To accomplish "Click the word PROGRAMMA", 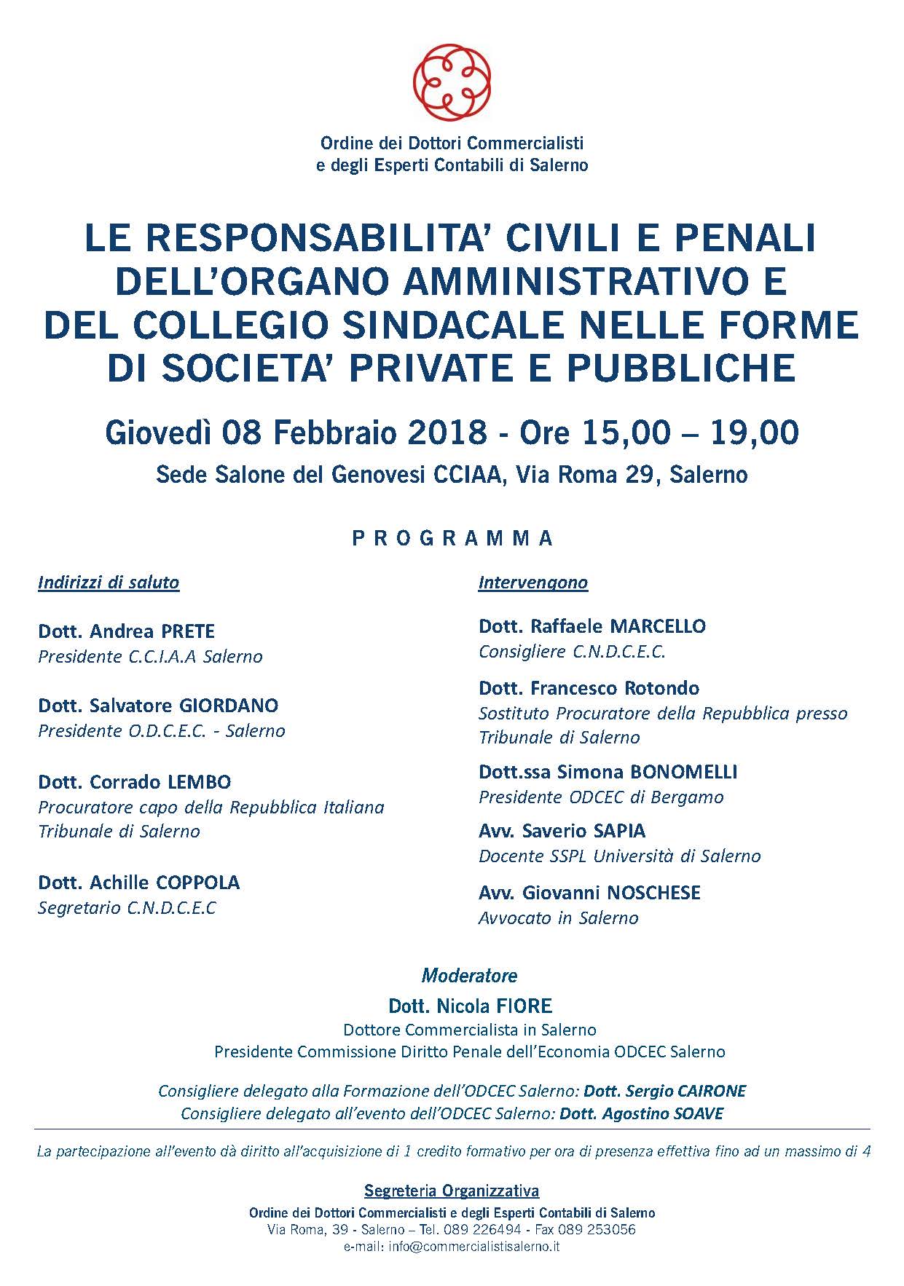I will coord(452,539).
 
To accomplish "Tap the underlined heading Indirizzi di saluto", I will coord(109,583).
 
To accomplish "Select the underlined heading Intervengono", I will coord(533,583).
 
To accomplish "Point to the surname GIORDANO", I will coord(231,706).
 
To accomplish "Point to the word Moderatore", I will coord(470,976).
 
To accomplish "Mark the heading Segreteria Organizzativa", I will coord(452,1191).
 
